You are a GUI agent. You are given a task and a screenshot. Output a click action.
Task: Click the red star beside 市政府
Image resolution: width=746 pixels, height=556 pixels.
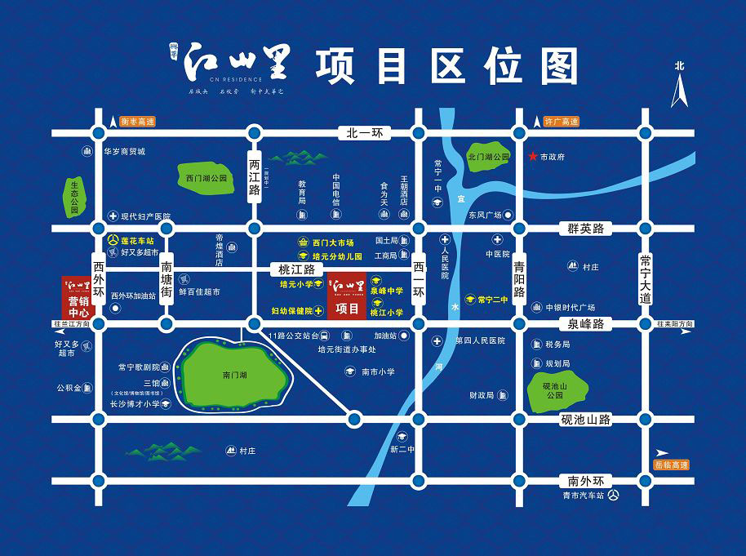click(x=533, y=156)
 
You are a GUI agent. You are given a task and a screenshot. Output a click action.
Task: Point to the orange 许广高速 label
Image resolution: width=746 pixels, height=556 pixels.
click(x=561, y=121)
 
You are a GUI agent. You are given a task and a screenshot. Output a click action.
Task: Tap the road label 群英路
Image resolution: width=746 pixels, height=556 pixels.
click(x=586, y=229)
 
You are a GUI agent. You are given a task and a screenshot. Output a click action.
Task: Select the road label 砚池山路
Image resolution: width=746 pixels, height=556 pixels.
click(x=586, y=420)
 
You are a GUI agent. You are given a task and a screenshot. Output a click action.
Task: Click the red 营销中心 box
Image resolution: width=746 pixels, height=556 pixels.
click(x=78, y=298)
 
